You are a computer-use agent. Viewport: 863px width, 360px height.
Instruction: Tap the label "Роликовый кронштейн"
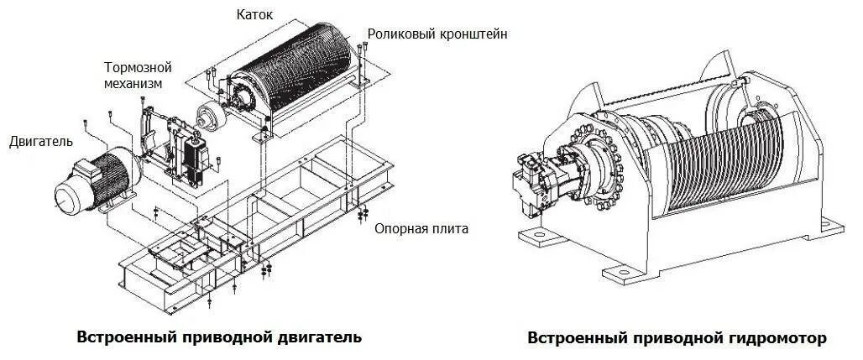click(x=437, y=34)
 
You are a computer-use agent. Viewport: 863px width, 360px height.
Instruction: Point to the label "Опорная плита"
click(x=421, y=228)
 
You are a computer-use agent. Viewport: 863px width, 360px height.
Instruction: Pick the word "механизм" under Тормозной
click(x=133, y=83)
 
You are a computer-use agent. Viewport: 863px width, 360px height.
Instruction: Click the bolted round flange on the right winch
click(x=602, y=159)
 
